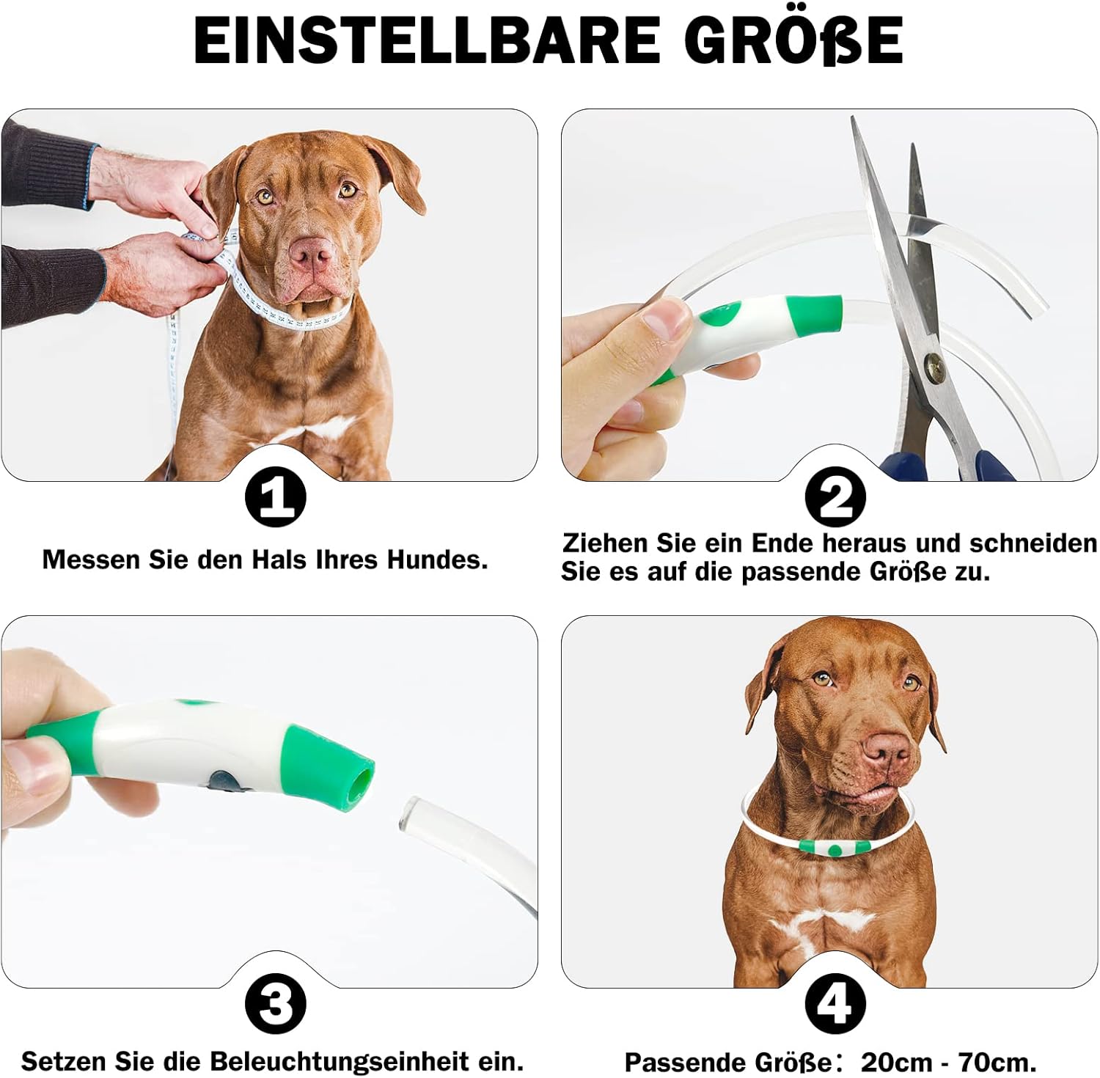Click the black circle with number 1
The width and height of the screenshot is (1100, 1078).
pyautogui.click(x=275, y=497)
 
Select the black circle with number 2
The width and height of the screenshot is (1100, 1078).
pyautogui.click(x=835, y=497)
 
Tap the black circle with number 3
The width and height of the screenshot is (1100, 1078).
pyautogui.click(x=275, y=1004)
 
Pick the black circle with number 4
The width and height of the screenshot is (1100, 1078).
pyautogui.click(x=835, y=1004)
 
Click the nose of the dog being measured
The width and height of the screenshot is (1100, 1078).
pyautogui.click(x=312, y=252)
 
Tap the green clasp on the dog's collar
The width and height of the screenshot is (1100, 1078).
pyautogui.click(x=835, y=848)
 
